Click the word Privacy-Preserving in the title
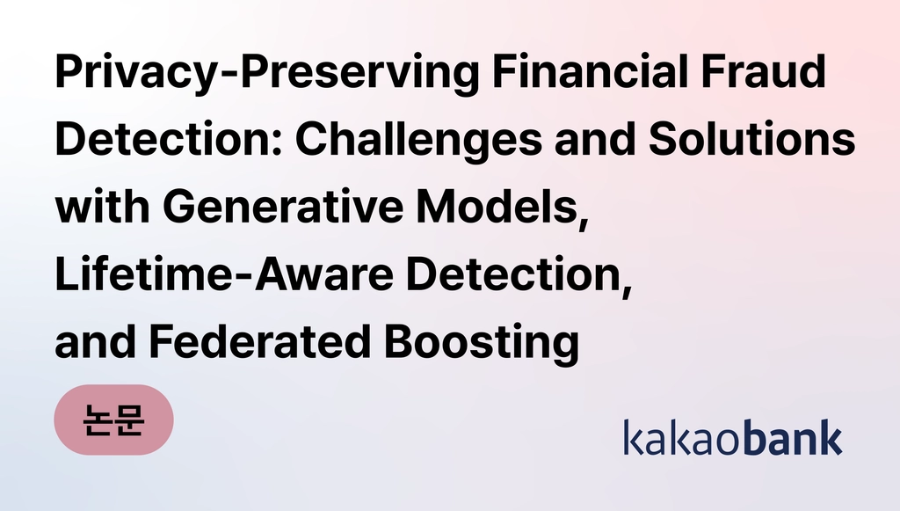[x=267, y=73]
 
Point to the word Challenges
[x=418, y=141]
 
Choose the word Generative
[x=283, y=206]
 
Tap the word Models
[x=497, y=206]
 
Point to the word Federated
[x=260, y=341]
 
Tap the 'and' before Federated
[x=95, y=341]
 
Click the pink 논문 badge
[x=113, y=420]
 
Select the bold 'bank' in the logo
[x=794, y=437]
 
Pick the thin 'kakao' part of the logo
[x=684, y=437]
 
